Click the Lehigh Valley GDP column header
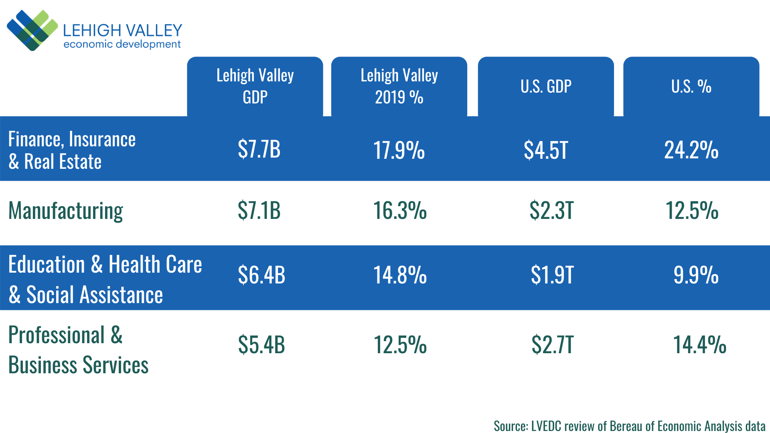tap(255, 86)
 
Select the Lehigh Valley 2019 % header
tap(399, 86)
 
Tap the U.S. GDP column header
tap(546, 86)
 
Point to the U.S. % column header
tap(691, 86)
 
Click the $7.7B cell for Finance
tap(259, 149)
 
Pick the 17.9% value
tap(399, 150)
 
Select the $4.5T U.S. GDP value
tap(546, 150)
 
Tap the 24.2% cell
tap(691, 150)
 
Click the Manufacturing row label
tap(66, 211)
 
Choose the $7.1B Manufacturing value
tap(259, 210)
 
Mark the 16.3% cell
tap(400, 210)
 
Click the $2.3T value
tap(551, 210)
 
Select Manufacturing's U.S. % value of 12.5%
tap(692, 210)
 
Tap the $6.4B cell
tap(261, 275)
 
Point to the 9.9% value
tap(696, 275)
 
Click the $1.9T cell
tap(552, 275)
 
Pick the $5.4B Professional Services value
tap(261, 345)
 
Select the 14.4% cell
tap(699, 345)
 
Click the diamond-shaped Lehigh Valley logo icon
tap(32, 30)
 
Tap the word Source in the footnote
tap(511, 426)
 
